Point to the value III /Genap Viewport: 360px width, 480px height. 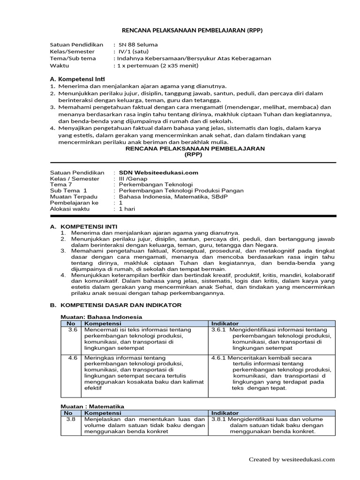coord(133,179)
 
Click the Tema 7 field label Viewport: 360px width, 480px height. coord(61,185)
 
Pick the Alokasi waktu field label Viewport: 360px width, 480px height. coord(71,209)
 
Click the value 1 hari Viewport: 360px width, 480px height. coord(127,209)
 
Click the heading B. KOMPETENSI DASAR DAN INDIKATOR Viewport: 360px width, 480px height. coord(115,305)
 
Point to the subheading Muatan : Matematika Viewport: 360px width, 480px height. coord(94,406)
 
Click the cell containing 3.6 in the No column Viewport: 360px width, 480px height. coord(72,330)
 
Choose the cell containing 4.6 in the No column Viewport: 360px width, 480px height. coord(72,357)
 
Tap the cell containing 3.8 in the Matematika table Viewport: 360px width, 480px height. coord(71,419)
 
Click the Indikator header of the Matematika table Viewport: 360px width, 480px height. coord(225,412)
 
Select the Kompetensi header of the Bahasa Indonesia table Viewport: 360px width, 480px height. coord(103,323)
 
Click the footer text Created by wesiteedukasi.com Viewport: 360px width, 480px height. coord(292,460)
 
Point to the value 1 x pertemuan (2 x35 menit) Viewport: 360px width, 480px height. coord(158,65)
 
